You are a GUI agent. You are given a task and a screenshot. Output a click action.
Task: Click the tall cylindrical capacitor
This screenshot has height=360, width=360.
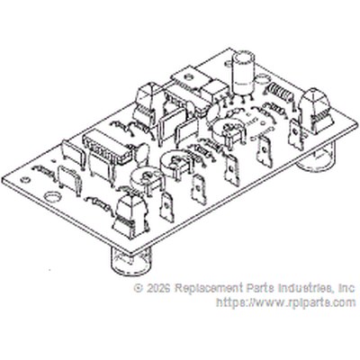pyautogui.click(x=243, y=73)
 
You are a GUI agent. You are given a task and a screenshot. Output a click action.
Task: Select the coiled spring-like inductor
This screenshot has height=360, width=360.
pyautogui.click(x=279, y=92)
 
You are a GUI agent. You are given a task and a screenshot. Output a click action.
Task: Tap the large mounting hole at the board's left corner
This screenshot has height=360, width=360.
pyautogui.click(x=52, y=197)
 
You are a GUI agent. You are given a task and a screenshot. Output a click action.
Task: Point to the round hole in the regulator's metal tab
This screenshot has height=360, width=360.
pyautogui.click(x=189, y=77)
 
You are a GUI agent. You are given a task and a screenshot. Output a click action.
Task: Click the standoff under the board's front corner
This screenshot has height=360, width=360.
pyautogui.click(x=130, y=260)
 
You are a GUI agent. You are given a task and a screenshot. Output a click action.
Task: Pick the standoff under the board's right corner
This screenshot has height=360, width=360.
pyautogui.click(x=316, y=159)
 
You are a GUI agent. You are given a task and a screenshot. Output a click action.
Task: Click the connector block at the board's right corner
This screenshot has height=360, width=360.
pyautogui.click(x=316, y=111)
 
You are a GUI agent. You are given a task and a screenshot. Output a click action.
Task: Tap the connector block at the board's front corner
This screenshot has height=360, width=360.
pyautogui.click(x=130, y=217)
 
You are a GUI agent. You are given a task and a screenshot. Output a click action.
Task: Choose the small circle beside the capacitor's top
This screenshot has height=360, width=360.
pyautogui.click(x=263, y=79)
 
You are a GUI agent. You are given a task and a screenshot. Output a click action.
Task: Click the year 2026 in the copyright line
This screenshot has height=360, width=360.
pyautogui.click(x=158, y=288)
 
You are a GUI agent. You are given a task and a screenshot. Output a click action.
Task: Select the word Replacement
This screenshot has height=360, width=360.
pyautogui.click(x=209, y=288)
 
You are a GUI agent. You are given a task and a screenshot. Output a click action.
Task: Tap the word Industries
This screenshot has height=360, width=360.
pyautogui.click(x=306, y=288)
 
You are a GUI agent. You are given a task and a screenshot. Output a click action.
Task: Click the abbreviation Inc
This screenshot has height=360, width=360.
pyautogui.click(x=346, y=288)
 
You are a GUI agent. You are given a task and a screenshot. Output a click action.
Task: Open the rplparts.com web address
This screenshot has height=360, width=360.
pyautogui.click(x=286, y=302)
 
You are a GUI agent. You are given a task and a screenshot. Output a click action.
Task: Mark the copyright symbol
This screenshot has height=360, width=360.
pyautogui.click(x=139, y=289)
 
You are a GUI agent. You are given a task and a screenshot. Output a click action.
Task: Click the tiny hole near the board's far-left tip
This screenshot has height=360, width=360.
pyautogui.click(x=24, y=180)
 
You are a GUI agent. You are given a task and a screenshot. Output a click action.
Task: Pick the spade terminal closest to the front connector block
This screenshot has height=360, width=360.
pyautogui.click(x=166, y=206)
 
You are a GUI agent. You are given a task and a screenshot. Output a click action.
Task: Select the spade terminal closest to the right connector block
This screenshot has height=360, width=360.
pyautogui.click(x=296, y=134)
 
